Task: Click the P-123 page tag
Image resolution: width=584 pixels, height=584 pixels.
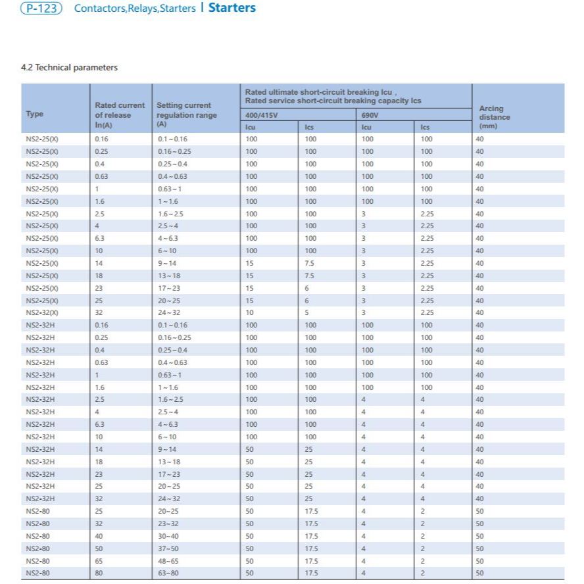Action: tap(41, 9)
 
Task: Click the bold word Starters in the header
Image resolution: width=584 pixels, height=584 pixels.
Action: tap(232, 9)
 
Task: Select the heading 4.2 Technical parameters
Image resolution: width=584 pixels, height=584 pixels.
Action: tap(70, 68)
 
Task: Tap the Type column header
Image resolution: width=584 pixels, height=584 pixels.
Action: tap(35, 114)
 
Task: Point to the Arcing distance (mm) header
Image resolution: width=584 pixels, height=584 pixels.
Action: tap(494, 117)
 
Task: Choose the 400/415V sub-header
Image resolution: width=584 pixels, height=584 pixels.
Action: tap(261, 115)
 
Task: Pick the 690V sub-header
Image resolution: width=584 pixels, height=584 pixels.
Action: tap(370, 115)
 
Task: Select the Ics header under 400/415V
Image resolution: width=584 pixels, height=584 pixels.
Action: tap(309, 127)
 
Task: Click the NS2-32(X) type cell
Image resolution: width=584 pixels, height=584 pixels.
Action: tap(42, 312)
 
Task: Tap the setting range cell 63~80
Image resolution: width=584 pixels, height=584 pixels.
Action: tap(168, 573)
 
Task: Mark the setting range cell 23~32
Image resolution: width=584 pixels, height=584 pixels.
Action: tap(168, 523)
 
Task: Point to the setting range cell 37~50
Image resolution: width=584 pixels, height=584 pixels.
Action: tap(168, 548)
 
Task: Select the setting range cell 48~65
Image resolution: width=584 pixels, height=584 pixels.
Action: tap(168, 561)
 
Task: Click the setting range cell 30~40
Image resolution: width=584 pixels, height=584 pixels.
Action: tap(168, 536)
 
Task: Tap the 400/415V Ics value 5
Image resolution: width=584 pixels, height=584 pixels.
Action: tap(307, 312)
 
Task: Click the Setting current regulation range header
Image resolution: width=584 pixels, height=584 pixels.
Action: tap(183, 114)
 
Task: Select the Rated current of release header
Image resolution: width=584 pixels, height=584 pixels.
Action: tap(120, 114)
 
